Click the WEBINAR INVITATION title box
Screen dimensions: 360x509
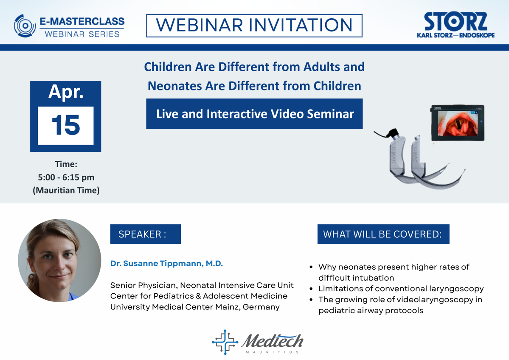[x=254, y=25]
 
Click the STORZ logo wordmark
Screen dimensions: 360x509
[x=455, y=22]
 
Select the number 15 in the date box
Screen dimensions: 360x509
[x=65, y=126]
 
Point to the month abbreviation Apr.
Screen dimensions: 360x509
[x=65, y=92]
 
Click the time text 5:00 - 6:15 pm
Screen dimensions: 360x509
[x=66, y=177]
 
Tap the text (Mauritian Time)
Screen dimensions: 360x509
[x=66, y=190]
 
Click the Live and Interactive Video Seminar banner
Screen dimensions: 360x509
[x=254, y=114]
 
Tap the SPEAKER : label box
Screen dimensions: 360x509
[x=145, y=234]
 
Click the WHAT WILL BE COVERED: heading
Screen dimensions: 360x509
[x=383, y=234]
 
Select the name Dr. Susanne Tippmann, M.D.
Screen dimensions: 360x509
[x=166, y=264]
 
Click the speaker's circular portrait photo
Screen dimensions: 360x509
[x=59, y=260]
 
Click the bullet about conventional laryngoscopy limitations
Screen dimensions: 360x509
[x=401, y=289]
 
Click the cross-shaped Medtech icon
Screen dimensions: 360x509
[x=225, y=342]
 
